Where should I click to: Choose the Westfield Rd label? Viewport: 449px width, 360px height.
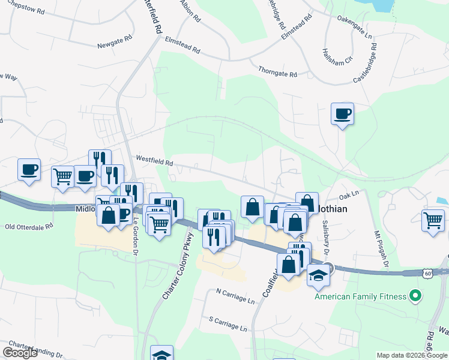(x=154, y=161)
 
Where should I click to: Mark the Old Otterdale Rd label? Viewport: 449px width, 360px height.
(x=29, y=226)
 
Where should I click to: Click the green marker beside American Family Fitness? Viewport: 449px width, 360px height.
(x=414, y=296)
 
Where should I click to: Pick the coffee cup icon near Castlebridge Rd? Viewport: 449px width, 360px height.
(x=342, y=113)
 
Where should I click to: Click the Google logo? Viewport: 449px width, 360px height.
(x=20, y=352)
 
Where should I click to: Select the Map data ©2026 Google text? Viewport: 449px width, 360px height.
(x=412, y=355)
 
